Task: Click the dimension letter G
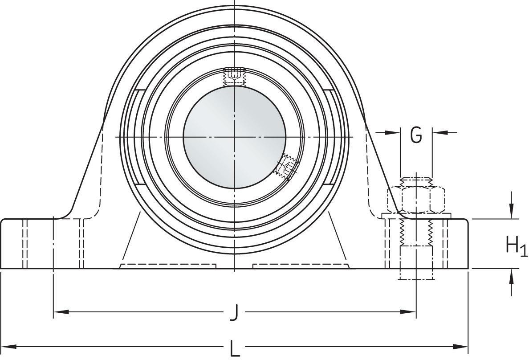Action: point(415,135)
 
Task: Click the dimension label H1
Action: point(516,245)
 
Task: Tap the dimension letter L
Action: point(234,348)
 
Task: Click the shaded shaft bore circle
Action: point(234,137)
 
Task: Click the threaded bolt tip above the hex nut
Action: point(416,181)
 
